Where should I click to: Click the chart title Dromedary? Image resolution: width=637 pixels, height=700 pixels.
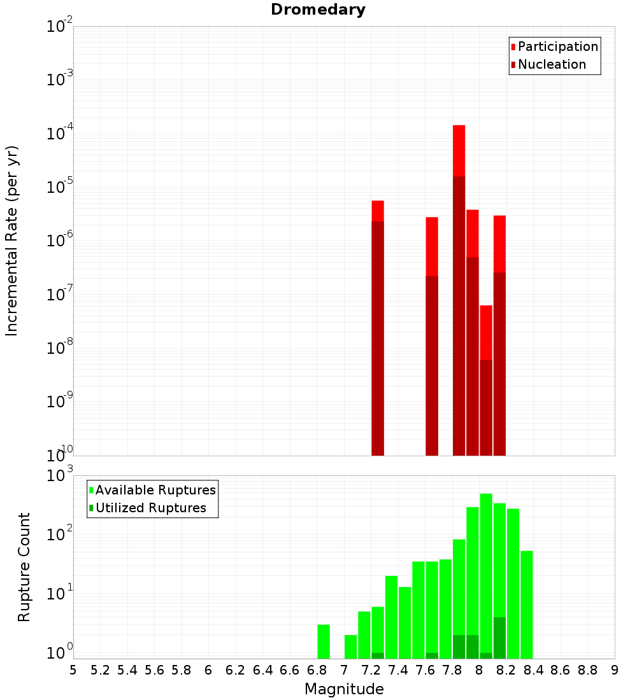pos(318,10)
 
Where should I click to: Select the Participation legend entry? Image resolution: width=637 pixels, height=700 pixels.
pos(557,46)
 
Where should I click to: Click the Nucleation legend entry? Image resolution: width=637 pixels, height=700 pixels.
pos(551,64)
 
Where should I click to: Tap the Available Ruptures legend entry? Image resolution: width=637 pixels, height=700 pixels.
pos(155,490)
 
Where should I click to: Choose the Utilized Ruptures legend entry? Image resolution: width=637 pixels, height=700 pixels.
pos(150,508)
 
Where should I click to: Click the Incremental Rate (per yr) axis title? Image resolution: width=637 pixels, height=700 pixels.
pos(12,241)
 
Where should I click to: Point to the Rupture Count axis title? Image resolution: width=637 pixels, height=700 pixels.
pos(24,567)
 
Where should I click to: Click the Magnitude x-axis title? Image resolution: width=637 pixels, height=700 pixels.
pos(344,689)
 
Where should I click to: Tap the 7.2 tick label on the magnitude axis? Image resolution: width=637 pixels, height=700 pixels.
pos(371,670)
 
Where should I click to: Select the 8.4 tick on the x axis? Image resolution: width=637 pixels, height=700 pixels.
pos(533,670)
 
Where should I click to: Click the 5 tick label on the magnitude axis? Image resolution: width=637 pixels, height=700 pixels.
pos(73,670)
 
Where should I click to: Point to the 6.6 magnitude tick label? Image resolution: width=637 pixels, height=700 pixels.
pos(290,670)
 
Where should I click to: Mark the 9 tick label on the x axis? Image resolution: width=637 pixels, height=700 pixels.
pos(615,670)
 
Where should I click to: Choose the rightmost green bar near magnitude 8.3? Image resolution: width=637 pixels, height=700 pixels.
pos(527,605)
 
